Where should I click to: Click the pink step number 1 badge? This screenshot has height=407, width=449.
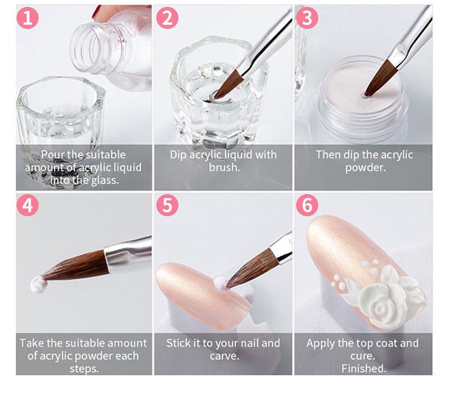[x=27, y=18]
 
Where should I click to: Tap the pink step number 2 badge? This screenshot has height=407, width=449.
[x=167, y=18]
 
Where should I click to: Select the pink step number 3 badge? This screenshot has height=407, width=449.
[x=307, y=18]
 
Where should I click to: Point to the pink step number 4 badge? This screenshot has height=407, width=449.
[x=27, y=205]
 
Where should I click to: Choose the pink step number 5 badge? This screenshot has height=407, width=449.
[x=167, y=205]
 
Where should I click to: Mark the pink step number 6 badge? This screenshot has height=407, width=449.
[x=307, y=205]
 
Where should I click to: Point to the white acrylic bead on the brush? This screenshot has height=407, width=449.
[x=39, y=284]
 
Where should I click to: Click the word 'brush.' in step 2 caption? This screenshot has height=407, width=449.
[x=224, y=167]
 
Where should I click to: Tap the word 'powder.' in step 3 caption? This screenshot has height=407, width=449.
[x=365, y=167]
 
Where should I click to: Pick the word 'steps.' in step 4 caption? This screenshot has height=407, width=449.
[x=84, y=368]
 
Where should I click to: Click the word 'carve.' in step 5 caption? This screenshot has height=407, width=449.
[x=224, y=356]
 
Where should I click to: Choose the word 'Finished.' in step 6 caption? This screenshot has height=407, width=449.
[x=364, y=368]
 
